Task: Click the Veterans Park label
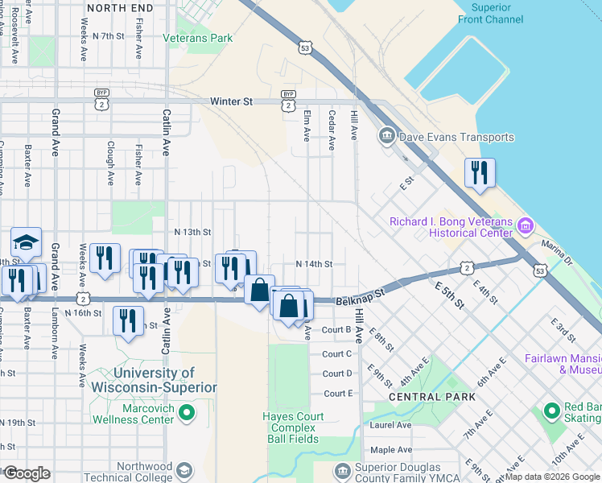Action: pyautogui.click(x=197, y=38)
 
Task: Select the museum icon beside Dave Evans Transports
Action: pyautogui.click(x=386, y=136)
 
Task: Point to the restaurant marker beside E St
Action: pyautogui.click(x=480, y=173)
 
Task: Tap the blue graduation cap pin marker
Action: pyautogui.click(x=26, y=242)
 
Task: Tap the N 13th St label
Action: pyautogui.click(x=192, y=232)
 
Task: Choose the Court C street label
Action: pyautogui.click(x=337, y=354)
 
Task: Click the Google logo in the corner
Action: pyautogui.click(x=27, y=473)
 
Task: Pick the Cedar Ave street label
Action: pyautogui.click(x=331, y=130)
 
